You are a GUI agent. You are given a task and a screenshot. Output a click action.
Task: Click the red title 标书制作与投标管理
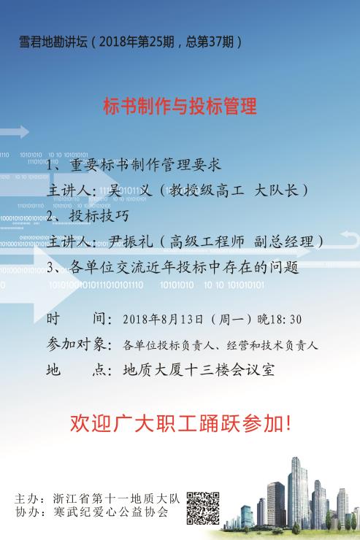point(180,106)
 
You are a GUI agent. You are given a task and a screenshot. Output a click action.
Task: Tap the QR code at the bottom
point(203,508)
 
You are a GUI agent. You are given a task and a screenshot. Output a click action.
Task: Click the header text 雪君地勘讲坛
point(53,42)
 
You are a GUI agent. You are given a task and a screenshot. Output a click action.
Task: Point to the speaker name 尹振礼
point(131,241)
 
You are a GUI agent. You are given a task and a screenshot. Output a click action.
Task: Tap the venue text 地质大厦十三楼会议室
point(199,370)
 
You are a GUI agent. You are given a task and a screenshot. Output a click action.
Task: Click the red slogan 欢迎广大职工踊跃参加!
point(181,423)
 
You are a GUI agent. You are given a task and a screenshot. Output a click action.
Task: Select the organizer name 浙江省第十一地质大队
point(116,498)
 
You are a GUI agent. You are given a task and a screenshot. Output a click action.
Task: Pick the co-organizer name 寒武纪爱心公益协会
point(110,512)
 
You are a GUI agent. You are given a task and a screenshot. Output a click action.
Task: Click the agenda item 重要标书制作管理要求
point(145,165)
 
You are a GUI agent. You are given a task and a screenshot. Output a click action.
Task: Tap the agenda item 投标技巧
point(99,216)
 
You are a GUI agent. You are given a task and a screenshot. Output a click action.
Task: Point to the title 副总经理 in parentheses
point(284,242)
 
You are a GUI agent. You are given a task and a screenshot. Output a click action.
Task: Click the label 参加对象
point(76,344)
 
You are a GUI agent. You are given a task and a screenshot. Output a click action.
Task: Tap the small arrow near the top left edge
point(15,132)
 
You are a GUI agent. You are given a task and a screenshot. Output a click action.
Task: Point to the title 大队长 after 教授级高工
point(276,190)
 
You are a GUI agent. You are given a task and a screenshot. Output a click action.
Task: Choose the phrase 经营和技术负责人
point(272,344)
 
